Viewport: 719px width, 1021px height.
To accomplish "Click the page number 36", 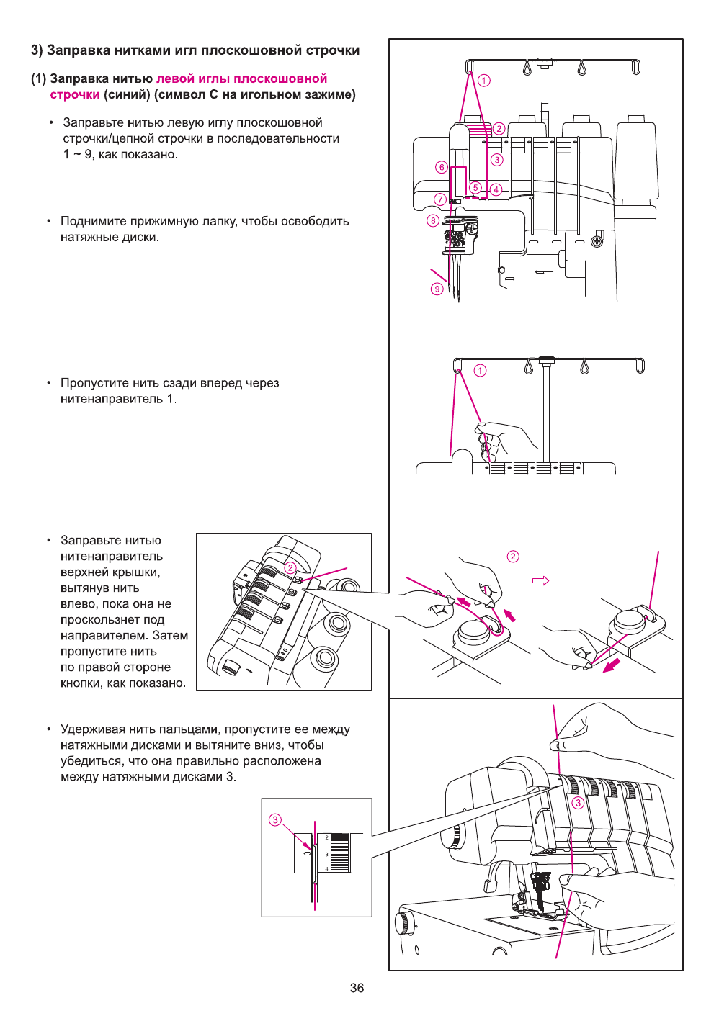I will tap(357, 988).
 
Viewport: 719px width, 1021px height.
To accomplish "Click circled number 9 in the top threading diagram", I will tap(437, 289).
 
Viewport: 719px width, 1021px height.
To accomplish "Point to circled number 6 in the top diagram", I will tap(442, 167).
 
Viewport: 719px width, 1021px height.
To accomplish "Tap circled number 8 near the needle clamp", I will tap(433, 220).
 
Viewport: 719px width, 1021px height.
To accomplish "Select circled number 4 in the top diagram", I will tap(496, 189).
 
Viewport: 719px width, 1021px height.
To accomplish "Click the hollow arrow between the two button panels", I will tap(540, 580).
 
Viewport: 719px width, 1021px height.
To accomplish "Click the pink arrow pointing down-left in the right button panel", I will tap(611, 665).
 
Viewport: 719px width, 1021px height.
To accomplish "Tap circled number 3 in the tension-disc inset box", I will tap(275, 819).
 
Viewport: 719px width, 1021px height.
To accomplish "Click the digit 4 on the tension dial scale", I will tap(326, 869).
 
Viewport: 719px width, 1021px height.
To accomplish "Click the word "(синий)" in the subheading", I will tap(127, 95).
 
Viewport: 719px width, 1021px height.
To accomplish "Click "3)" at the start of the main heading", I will tap(37, 50).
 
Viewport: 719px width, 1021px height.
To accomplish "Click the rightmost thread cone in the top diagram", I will tap(636, 158).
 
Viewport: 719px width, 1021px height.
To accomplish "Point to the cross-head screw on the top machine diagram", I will tap(597, 241).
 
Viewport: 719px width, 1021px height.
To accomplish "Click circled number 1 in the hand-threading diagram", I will tap(481, 370).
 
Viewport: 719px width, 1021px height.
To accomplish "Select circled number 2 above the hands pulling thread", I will tap(513, 557).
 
